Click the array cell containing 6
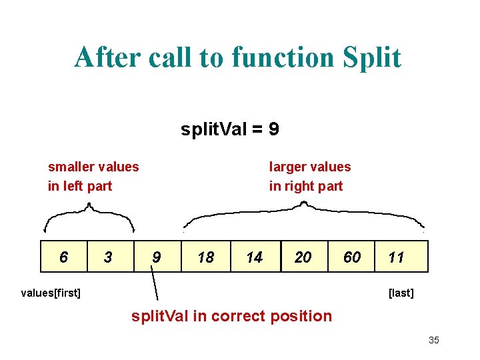(64, 257)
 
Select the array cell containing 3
(111, 257)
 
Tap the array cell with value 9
(157, 257)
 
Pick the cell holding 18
(206, 257)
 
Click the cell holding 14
(254, 257)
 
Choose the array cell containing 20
(303, 257)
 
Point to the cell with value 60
(351, 257)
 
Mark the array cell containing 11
(397, 257)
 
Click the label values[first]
(51, 292)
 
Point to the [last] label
(401, 293)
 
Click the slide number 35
(434, 340)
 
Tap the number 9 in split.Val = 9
(273, 129)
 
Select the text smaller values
(93, 167)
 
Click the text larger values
(309, 167)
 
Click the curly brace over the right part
(303, 212)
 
